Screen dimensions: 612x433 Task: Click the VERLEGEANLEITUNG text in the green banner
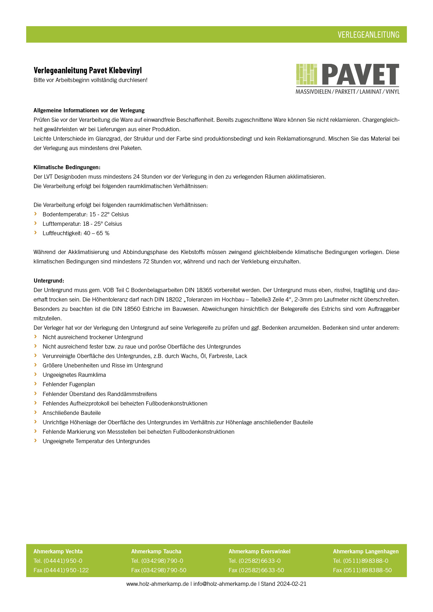(x=368, y=35)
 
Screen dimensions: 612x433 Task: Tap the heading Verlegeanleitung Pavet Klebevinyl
(x=88, y=70)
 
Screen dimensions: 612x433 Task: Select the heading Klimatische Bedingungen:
(x=67, y=167)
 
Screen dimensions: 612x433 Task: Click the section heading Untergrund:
(x=49, y=281)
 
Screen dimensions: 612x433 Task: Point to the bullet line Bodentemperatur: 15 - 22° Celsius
(x=86, y=214)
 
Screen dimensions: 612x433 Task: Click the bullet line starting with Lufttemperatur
(x=82, y=224)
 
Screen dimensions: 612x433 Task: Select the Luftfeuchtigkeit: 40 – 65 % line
(x=76, y=233)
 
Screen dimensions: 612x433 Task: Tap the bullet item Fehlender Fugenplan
(x=69, y=384)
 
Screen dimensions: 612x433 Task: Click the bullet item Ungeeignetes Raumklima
(x=74, y=375)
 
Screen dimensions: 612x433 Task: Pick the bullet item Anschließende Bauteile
(x=72, y=413)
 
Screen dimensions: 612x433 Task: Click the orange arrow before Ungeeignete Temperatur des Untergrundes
(x=35, y=441)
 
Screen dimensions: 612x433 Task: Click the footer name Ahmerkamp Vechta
(x=58, y=551)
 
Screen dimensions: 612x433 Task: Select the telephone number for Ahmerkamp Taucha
(x=157, y=561)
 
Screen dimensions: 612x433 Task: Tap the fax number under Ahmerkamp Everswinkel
(x=256, y=570)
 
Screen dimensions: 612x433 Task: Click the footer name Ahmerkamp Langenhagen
(x=366, y=551)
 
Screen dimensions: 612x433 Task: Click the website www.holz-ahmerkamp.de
(x=157, y=584)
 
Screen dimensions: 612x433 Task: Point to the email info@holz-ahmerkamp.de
(x=225, y=584)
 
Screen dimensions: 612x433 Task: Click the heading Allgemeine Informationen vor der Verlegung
(x=89, y=110)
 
